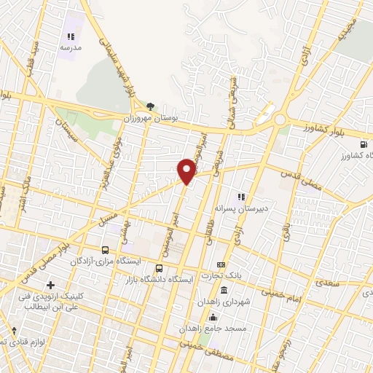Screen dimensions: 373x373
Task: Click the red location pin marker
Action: point(186,171)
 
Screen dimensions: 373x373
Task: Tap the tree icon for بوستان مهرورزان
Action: point(150,106)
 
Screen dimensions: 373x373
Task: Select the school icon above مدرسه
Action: point(71,36)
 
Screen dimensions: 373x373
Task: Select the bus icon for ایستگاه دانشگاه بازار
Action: point(160,267)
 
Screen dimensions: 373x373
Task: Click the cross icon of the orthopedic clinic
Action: point(50,285)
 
